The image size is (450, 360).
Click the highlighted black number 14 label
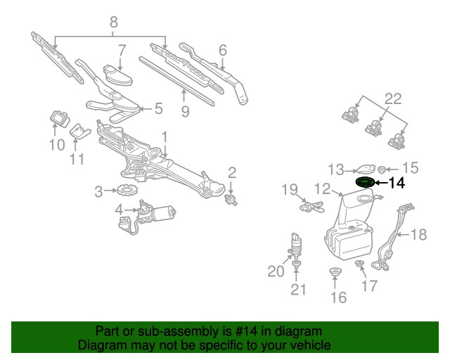pos(397,183)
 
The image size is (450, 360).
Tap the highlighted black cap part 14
pos(364,183)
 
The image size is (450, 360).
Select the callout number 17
pos(368,286)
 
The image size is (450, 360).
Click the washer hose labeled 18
pos(394,232)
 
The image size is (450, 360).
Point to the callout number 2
pos(231,172)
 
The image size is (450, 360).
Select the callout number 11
pos(77,159)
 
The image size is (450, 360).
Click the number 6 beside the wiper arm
pos(222,50)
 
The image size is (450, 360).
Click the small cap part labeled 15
pos(382,169)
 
